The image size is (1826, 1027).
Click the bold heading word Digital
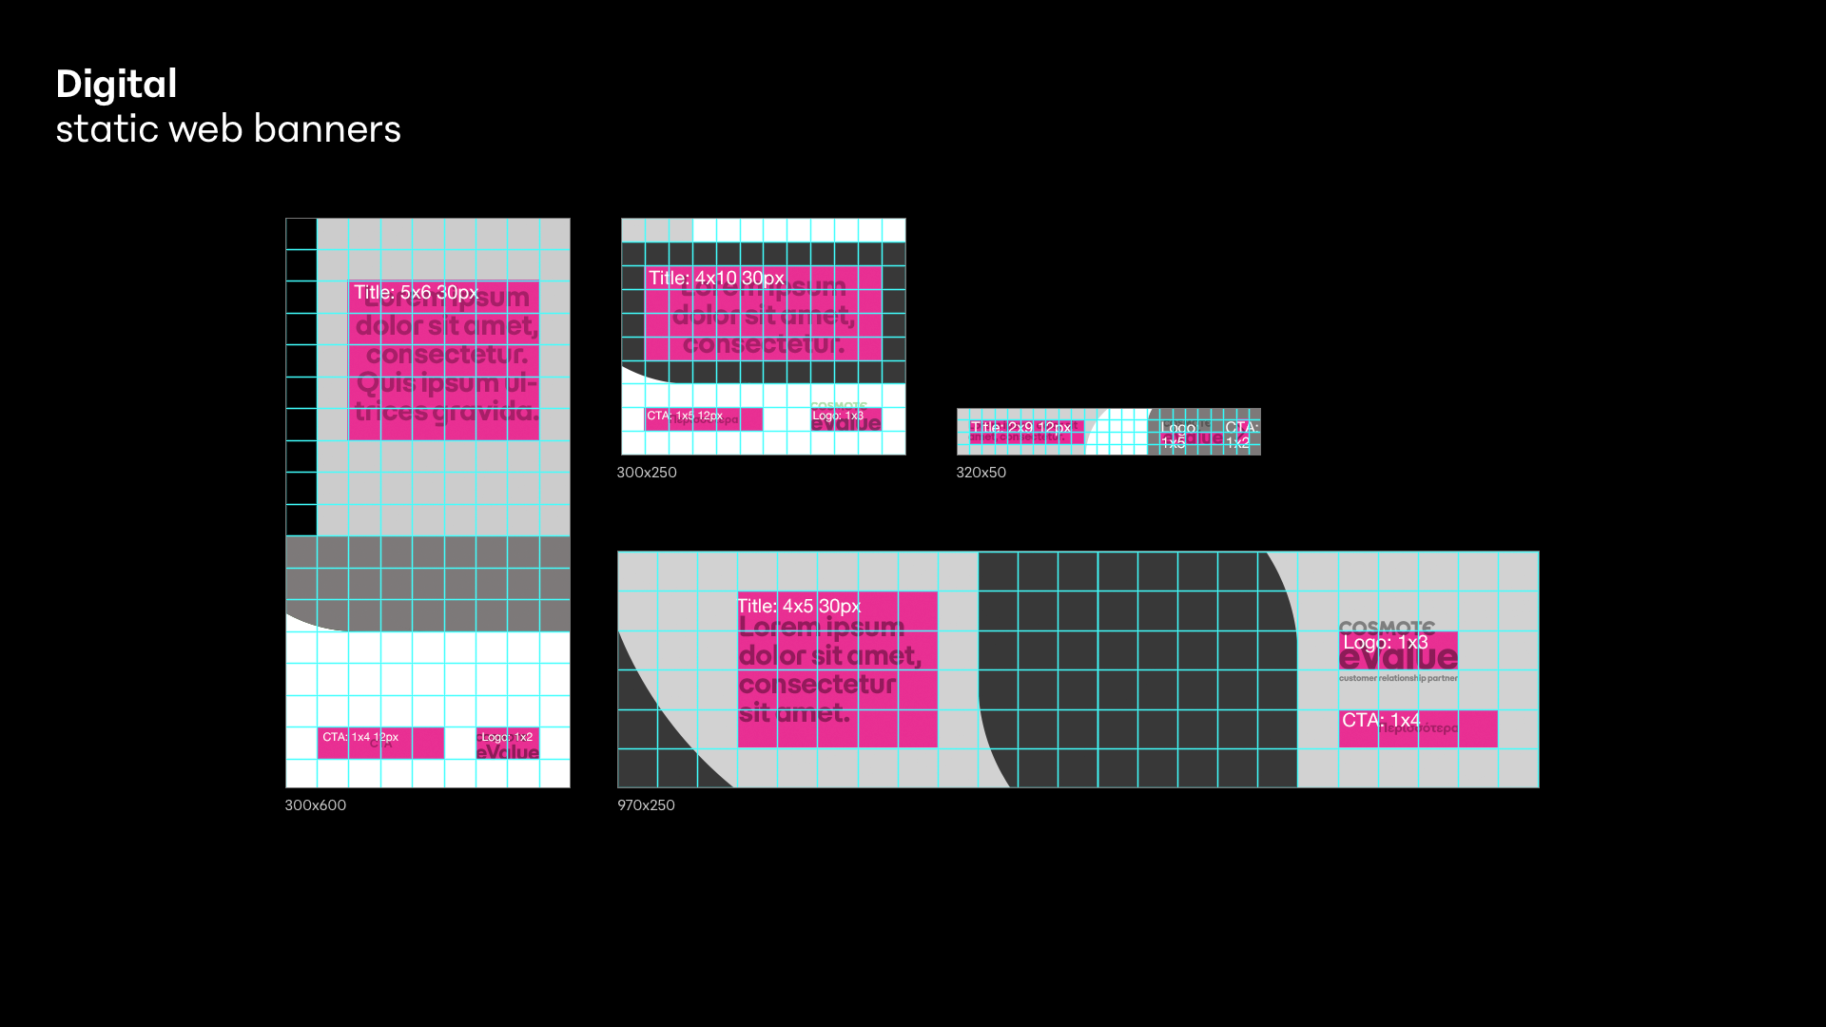point(116,85)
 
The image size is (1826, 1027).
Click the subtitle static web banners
point(228,129)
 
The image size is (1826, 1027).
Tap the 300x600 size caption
point(316,805)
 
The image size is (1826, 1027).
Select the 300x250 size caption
point(647,473)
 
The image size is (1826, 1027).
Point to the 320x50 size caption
point(981,473)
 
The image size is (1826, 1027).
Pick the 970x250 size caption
point(646,805)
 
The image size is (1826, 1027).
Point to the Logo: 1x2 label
point(507,737)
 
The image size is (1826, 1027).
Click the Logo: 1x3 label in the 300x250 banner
point(838,416)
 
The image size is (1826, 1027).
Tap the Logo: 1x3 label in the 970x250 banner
point(1385,643)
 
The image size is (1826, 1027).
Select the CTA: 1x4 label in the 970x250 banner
point(1381,720)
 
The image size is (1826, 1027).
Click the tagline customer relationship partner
point(1398,678)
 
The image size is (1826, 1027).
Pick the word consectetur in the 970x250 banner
point(817,685)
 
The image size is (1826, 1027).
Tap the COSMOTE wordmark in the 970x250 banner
point(1387,627)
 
